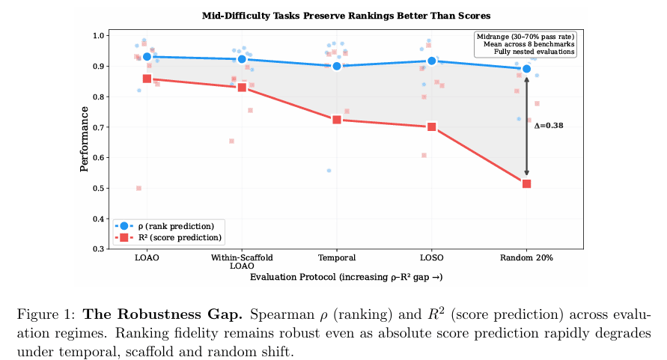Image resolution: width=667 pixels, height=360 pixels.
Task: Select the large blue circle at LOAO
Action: coord(147,57)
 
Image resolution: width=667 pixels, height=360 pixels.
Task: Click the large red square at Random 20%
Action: coord(526,183)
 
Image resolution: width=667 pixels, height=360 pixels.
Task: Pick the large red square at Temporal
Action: coord(337,120)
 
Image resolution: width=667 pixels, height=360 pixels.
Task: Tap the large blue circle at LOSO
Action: coord(432,61)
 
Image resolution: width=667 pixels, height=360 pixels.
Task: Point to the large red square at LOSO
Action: coord(432,126)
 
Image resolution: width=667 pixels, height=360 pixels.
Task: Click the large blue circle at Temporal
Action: coord(337,66)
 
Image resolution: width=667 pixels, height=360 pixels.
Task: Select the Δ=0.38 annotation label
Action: coord(549,126)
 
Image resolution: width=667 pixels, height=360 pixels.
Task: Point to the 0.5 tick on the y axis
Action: coord(99,188)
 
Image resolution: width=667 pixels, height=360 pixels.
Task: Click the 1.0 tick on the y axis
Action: coord(99,35)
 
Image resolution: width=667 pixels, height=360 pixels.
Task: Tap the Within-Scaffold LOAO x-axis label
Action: coord(242,261)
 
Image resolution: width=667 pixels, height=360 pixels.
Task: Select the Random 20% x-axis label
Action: coord(526,257)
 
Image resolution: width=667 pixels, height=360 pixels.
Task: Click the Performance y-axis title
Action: coord(85,139)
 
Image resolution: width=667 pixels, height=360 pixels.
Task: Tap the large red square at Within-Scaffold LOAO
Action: coord(242,87)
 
